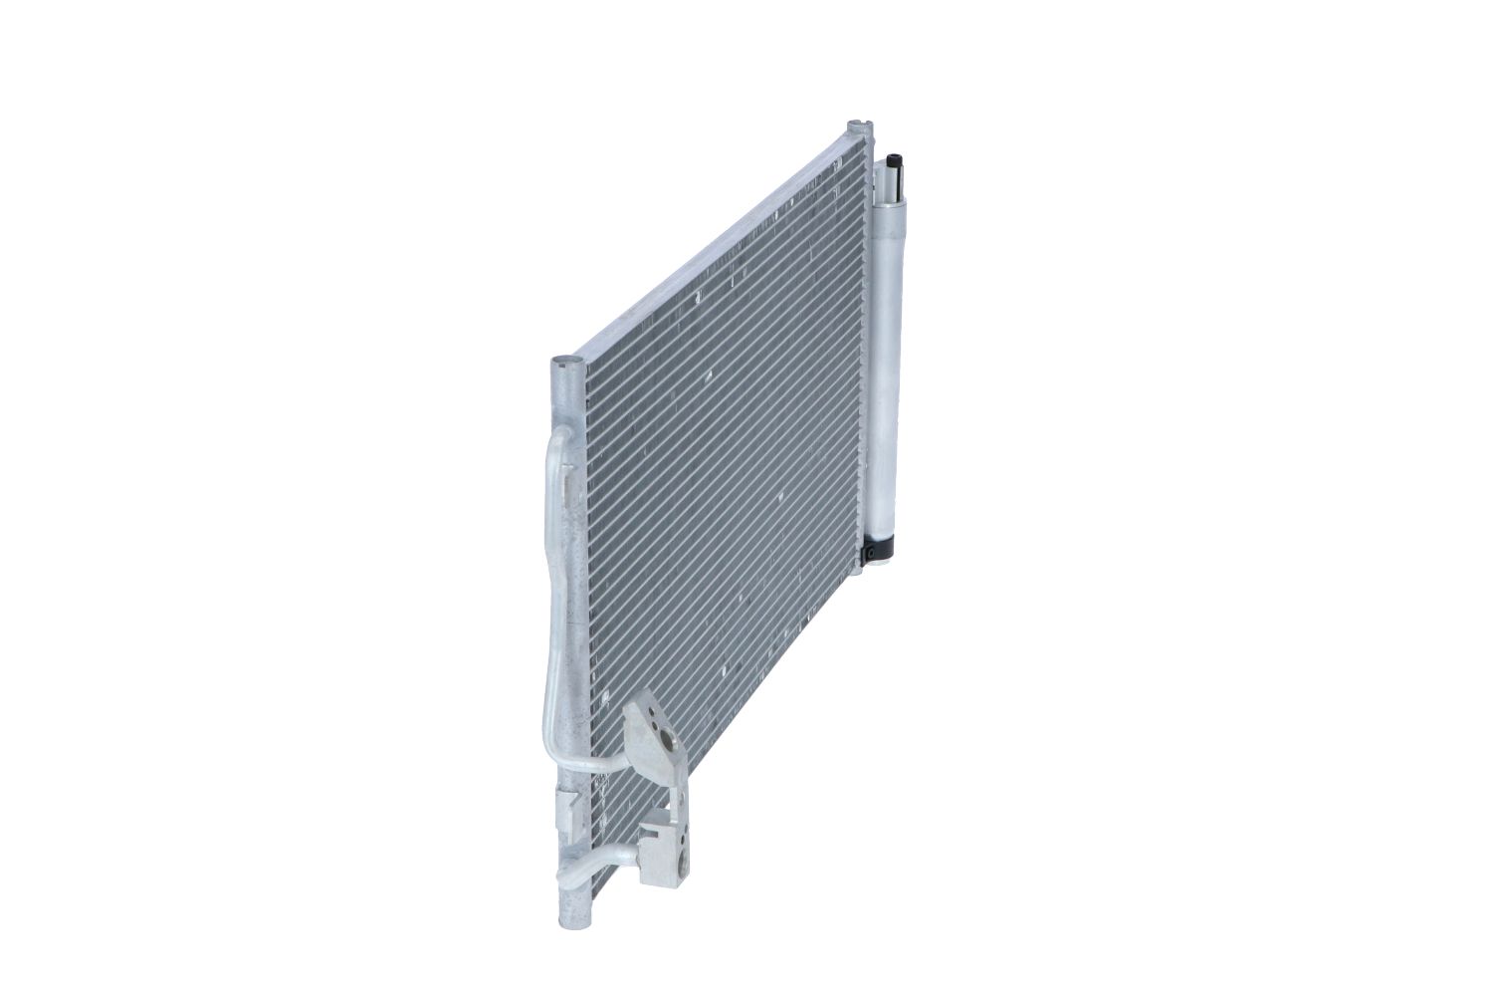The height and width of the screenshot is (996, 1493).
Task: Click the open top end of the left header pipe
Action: pyautogui.click(x=562, y=363)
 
